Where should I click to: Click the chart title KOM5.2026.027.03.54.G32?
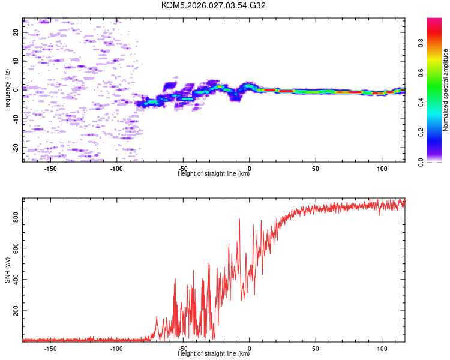pos(213,5)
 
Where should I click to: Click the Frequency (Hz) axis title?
pos(7,90)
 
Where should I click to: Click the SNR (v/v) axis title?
pos(7,270)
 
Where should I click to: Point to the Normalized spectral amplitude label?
pos(445,90)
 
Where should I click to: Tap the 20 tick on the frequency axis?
pos(16,32)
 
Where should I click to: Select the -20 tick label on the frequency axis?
pos(16,148)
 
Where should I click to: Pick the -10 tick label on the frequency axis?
pos(16,119)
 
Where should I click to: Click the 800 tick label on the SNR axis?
pos(16,217)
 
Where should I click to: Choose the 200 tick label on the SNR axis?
pos(16,311)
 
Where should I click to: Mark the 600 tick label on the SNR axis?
pos(16,248)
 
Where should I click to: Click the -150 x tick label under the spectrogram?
pos(50,169)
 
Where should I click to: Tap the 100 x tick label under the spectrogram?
pos(382,169)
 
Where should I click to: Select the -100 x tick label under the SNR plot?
pos(116,349)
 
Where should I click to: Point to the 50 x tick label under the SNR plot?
pos(316,349)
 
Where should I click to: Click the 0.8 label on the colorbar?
pos(421,43)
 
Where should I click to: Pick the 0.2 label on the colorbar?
pos(421,133)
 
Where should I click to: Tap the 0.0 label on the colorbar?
pos(421,162)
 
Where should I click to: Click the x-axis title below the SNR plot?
pos(214,353)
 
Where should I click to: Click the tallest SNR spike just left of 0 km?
pos(239,220)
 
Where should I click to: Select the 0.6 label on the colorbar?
pos(421,73)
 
